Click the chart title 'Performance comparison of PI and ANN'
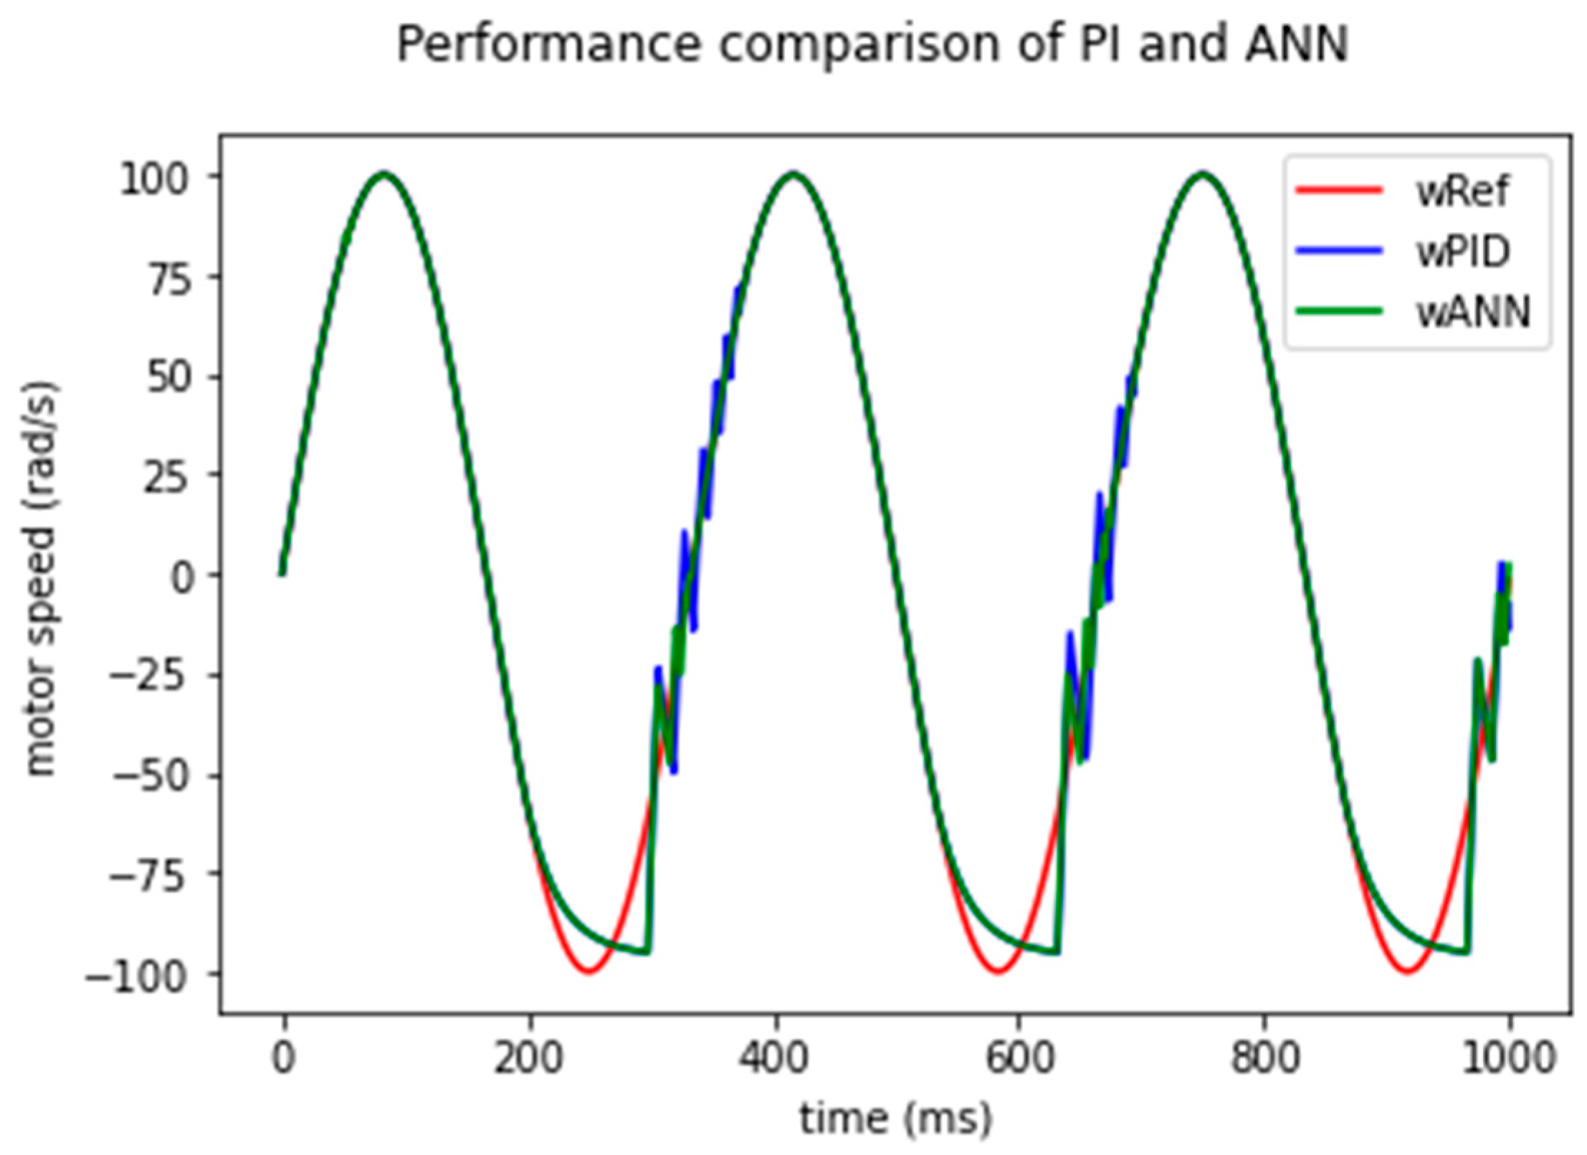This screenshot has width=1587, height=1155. [872, 44]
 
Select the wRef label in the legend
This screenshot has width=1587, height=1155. [1462, 191]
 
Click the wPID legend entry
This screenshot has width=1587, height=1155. [1463, 251]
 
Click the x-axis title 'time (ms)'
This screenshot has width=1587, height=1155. [895, 1118]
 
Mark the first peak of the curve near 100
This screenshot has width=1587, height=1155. [385, 174]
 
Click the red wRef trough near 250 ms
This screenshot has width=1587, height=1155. [588, 971]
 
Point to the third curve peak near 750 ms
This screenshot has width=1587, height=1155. [1202, 174]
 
